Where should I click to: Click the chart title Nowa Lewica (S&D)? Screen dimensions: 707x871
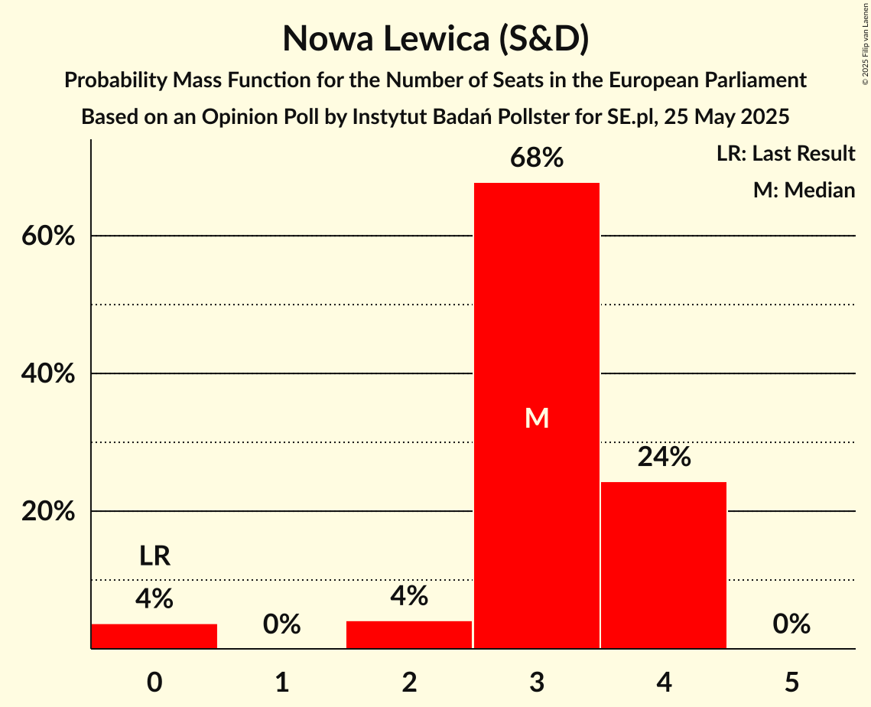435,39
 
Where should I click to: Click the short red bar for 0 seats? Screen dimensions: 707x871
154,636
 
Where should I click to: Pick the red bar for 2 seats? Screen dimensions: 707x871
409,634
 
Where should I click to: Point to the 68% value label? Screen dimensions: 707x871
537,158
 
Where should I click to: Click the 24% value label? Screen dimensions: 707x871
664,457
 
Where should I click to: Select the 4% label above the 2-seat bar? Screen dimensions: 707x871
409,596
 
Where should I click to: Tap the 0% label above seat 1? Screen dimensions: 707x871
281,624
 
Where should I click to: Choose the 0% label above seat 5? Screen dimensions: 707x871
791,624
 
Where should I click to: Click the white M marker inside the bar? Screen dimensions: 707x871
537,418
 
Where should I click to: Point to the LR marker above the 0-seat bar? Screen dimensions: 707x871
154,556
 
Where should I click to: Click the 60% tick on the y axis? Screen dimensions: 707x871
48,236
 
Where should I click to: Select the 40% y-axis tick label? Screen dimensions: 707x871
48,374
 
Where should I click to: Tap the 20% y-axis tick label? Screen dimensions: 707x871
48,512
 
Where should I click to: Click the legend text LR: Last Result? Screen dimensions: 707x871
785,154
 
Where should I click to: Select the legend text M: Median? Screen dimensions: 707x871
804,190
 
